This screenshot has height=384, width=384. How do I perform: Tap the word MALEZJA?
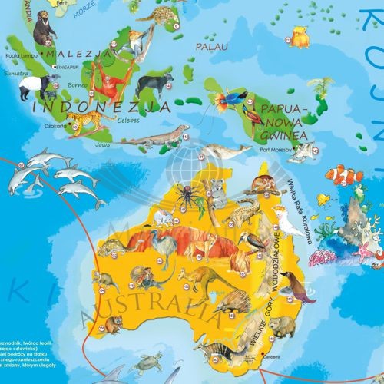[76, 55]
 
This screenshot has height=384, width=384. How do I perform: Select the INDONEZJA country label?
[101, 107]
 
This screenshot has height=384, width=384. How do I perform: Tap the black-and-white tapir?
[31, 86]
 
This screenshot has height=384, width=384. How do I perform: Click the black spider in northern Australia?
[187, 194]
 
